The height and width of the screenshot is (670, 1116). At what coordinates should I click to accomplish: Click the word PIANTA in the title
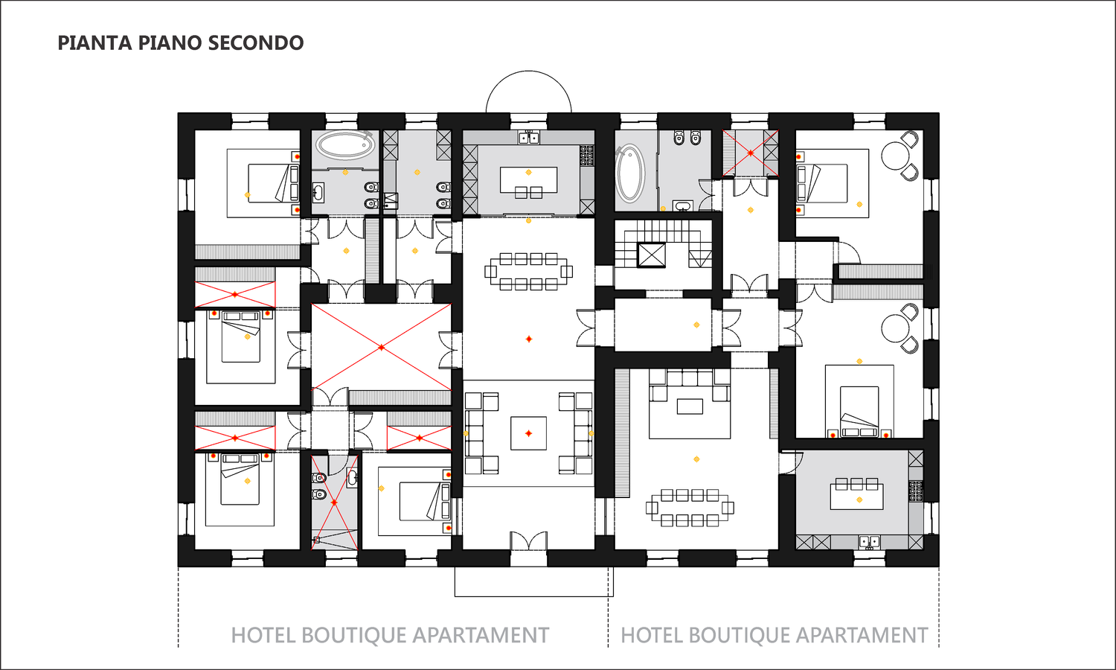coord(95,43)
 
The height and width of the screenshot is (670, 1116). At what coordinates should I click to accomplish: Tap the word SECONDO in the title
coord(256,43)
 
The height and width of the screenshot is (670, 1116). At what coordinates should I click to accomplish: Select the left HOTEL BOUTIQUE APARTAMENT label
coord(390,635)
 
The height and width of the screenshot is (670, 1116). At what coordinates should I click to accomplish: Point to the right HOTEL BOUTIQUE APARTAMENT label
coord(775,635)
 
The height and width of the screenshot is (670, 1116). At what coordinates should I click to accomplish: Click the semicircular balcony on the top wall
coord(528,71)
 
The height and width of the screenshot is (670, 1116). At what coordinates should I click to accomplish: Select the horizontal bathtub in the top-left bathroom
coord(344,145)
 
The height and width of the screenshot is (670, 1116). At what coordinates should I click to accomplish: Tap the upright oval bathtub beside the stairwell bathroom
coord(631,173)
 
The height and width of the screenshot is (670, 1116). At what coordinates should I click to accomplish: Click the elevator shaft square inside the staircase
coord(651,255)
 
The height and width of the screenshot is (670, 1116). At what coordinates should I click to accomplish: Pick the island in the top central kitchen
coord(528,179)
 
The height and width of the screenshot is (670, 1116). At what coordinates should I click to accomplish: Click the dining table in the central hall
coord(528,272)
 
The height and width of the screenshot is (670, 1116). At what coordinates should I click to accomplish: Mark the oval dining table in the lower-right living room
coord(690,508)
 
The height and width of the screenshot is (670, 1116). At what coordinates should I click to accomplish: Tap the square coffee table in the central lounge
coord(528,433)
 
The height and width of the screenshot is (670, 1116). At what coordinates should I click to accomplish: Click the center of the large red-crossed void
coord(381,347)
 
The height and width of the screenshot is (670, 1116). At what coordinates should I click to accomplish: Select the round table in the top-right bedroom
coord(895,156)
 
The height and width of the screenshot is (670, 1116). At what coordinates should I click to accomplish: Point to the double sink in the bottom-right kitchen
coord(870,542)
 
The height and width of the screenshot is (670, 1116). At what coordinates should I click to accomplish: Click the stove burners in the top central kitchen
coord(586,155)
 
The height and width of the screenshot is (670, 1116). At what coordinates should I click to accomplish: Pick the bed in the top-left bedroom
coord(274,183)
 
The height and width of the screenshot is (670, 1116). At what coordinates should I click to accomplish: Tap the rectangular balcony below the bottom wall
coord(533,581)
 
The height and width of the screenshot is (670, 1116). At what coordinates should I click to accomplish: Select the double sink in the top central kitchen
coord(528,137)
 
